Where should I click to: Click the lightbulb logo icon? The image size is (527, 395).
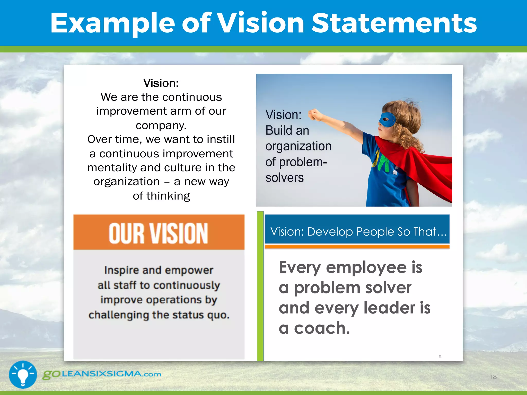(x=23, y=374)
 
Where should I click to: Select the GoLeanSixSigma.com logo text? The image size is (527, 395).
(x=102, y=374)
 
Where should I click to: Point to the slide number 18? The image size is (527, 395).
(x=493, y=377)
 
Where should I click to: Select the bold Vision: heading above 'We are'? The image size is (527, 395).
(x=161, y=83)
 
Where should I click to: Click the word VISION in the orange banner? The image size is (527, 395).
(x=179, y=233)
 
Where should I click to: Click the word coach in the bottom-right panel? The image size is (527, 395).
(x=322, y=328)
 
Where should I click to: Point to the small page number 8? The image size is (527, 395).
(x=440, y=356)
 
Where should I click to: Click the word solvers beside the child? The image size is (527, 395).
(x=285, y=178)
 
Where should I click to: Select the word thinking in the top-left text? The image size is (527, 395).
(x=168, y=196)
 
